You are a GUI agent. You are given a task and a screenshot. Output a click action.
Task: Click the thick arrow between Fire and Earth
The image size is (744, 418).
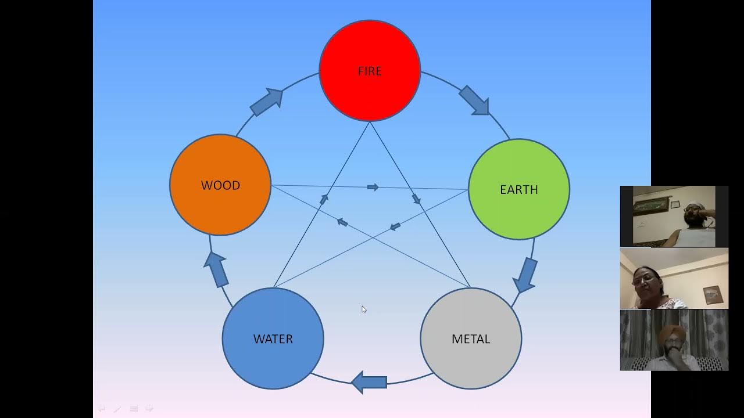point(474,100)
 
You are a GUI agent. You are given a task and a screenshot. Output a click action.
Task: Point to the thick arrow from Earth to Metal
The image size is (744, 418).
point(525,275)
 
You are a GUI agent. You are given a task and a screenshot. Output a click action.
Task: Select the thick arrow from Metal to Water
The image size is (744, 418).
point(370,382)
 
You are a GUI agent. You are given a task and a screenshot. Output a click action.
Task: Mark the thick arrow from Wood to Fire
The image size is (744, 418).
point(267,102)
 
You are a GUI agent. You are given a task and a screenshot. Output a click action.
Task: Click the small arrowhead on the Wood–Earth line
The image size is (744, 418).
point(373,187)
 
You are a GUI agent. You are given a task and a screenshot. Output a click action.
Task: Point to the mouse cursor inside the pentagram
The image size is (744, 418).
point(364,309)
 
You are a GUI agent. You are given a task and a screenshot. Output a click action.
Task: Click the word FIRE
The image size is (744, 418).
point(370,71)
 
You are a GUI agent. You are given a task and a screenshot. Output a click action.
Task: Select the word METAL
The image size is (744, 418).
point(471,338)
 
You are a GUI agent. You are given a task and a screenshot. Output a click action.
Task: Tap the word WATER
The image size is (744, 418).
point(273,338)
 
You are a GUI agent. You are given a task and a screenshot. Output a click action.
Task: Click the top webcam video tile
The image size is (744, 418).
point(674,216)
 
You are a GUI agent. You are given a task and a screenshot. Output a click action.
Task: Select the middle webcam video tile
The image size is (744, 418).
point(674,278)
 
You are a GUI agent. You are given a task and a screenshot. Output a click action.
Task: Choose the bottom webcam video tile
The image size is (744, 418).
point(674,340)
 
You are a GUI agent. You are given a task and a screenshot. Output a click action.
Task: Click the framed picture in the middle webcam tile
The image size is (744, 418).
point(713,295)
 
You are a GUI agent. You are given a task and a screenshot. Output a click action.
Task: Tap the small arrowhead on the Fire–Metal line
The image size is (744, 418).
point(416,199)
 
